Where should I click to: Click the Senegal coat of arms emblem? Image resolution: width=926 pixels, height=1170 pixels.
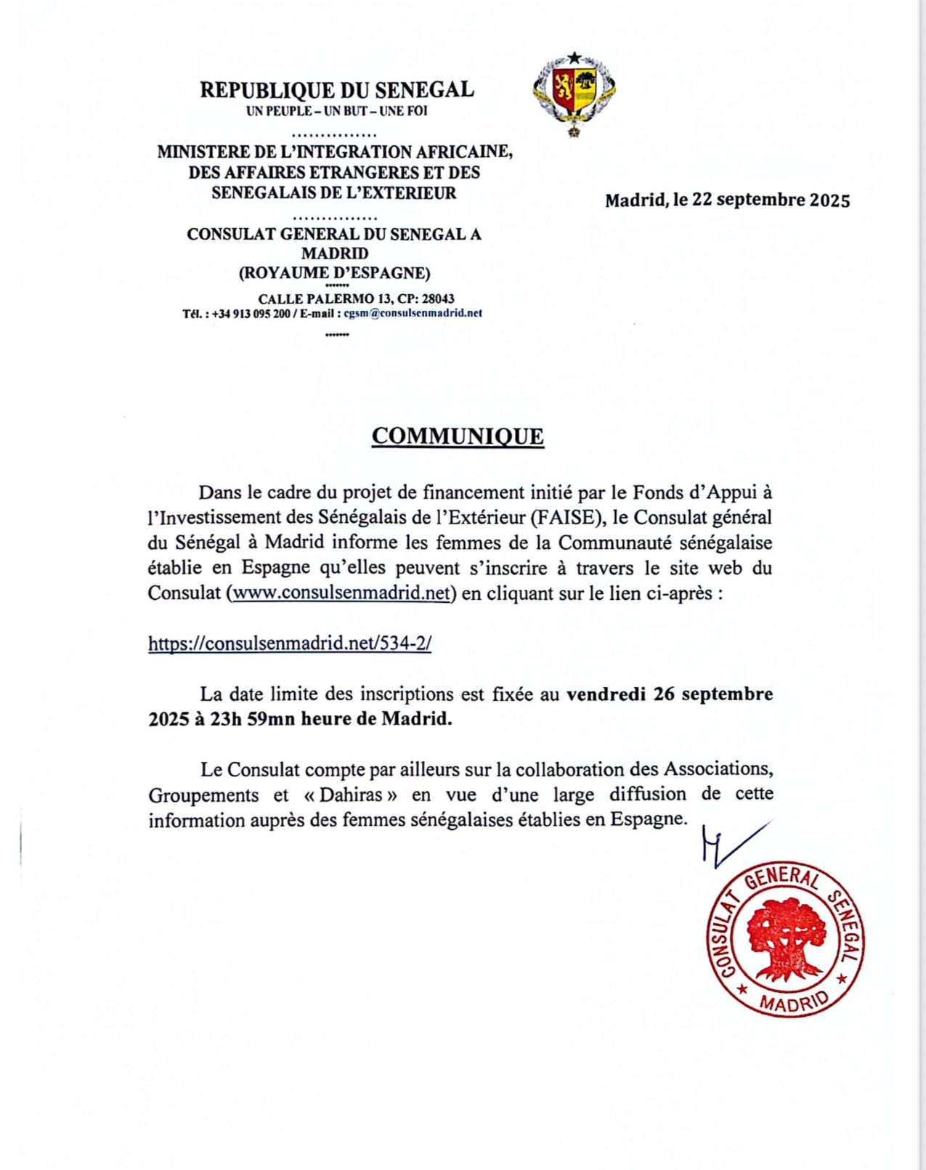pyautogui.click(x=574, y=93)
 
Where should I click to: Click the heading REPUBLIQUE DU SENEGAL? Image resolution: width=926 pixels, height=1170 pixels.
pyautogui.click(x=337, y=90)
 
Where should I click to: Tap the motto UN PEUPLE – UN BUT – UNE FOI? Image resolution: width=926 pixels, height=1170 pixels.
pyautogui.click(x=337, y=111)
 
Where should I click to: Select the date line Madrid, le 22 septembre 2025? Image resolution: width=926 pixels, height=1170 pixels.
pyautogui.click(x=727, y=200)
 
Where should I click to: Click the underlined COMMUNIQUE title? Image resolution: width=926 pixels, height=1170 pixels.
pyautogui.click(x=458, y=436)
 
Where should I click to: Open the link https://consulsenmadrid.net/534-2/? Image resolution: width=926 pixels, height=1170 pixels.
pyautogui.click(x=290, y=643)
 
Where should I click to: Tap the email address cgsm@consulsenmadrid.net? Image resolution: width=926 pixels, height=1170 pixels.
pyautogui.click(x=413, y=314)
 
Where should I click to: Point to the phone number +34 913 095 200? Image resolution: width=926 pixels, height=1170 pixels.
pyautogui.click(x=251, y=314)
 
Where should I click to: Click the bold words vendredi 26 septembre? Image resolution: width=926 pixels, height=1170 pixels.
pyautogui.click(x=669, y=694)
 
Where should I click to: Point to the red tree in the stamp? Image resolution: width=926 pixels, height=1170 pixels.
pyautogui.click(x=787, y=938)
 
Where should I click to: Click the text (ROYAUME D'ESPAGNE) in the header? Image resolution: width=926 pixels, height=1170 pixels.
pyautogui.click(x=335, y=274)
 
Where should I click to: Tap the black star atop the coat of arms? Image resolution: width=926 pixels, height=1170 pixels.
pyautogui.click(x=574, y=57)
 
